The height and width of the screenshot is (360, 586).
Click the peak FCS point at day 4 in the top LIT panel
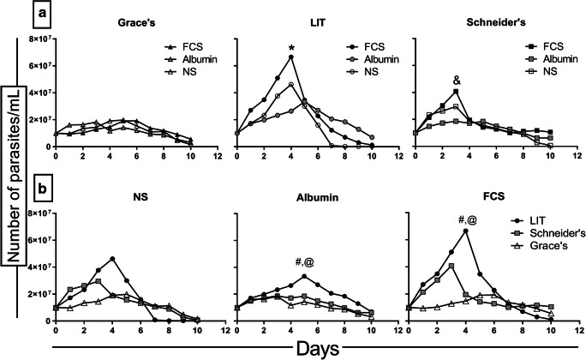(x=291, y=57)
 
